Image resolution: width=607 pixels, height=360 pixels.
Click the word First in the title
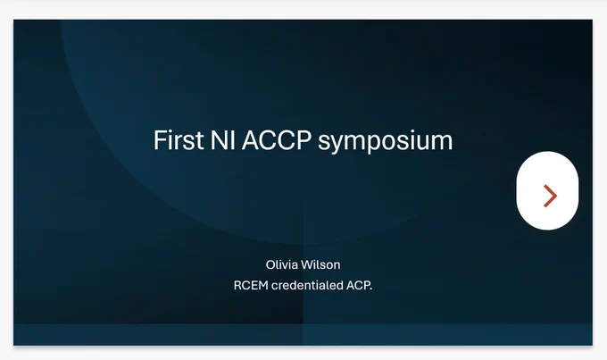pos(179,140)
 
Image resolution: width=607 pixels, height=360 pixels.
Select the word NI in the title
pos(222,140)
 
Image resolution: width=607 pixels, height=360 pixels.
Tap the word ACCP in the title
pos(277,140)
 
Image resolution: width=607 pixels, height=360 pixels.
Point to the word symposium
pos(386,142)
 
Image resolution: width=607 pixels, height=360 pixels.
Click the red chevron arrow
pos(551,196)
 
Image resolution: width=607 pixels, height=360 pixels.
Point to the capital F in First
pos(160,140)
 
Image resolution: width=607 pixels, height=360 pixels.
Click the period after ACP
pos(370,289)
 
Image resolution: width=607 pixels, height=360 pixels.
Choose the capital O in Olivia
pos(270,265)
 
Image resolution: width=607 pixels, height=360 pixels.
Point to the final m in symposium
pos(442,142)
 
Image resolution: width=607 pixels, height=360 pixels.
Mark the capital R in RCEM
pos(237,286)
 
